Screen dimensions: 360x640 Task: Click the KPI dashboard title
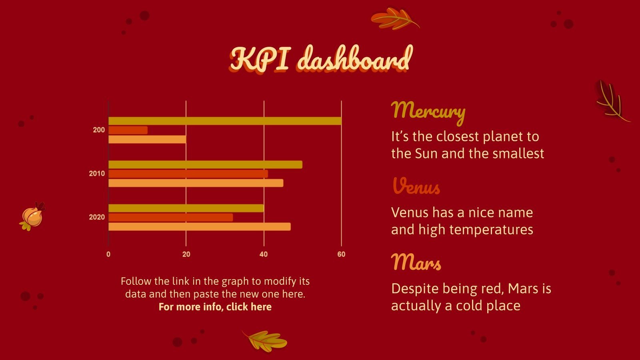click(x=321, y=59)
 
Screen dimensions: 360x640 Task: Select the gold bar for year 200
click(x=225, y=121)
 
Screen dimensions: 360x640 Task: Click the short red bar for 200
click(x=128, y=130)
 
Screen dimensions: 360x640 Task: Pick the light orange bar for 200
click(x=147, y=139)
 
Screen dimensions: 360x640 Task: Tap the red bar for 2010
click(x=188, y=174)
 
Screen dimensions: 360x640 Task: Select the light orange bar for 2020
click(x=199, y=226)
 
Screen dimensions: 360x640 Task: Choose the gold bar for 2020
click(x=186, y=208)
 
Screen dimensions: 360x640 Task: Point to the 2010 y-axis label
click(x=97, y=174)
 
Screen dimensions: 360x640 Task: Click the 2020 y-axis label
click(x=97, y=217)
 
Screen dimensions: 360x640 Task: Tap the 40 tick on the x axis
click(x=264, y=254)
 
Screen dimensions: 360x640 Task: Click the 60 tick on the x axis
click(x=341, y=254)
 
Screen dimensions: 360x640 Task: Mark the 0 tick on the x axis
click(x=108, y=254)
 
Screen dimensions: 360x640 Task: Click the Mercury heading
click(x=428, y=111)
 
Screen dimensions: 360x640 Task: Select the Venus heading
click(x=416, y=186)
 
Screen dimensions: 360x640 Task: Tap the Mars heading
click(x=416, y=263)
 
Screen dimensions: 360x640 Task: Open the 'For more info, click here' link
click(x=215, y=307)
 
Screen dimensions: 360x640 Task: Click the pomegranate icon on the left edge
click(x=32, y=216)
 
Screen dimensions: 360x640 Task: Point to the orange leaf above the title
click(x=394, y=18)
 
